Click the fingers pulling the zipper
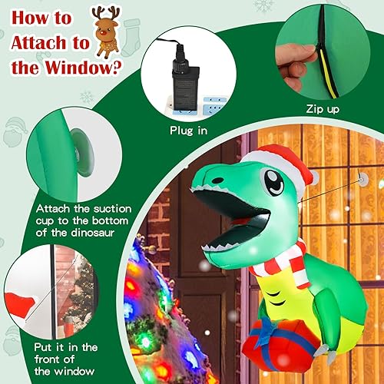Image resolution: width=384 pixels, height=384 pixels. (x=296, y=58)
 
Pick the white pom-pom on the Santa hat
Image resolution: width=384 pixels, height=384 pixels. (x=313, y=177)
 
